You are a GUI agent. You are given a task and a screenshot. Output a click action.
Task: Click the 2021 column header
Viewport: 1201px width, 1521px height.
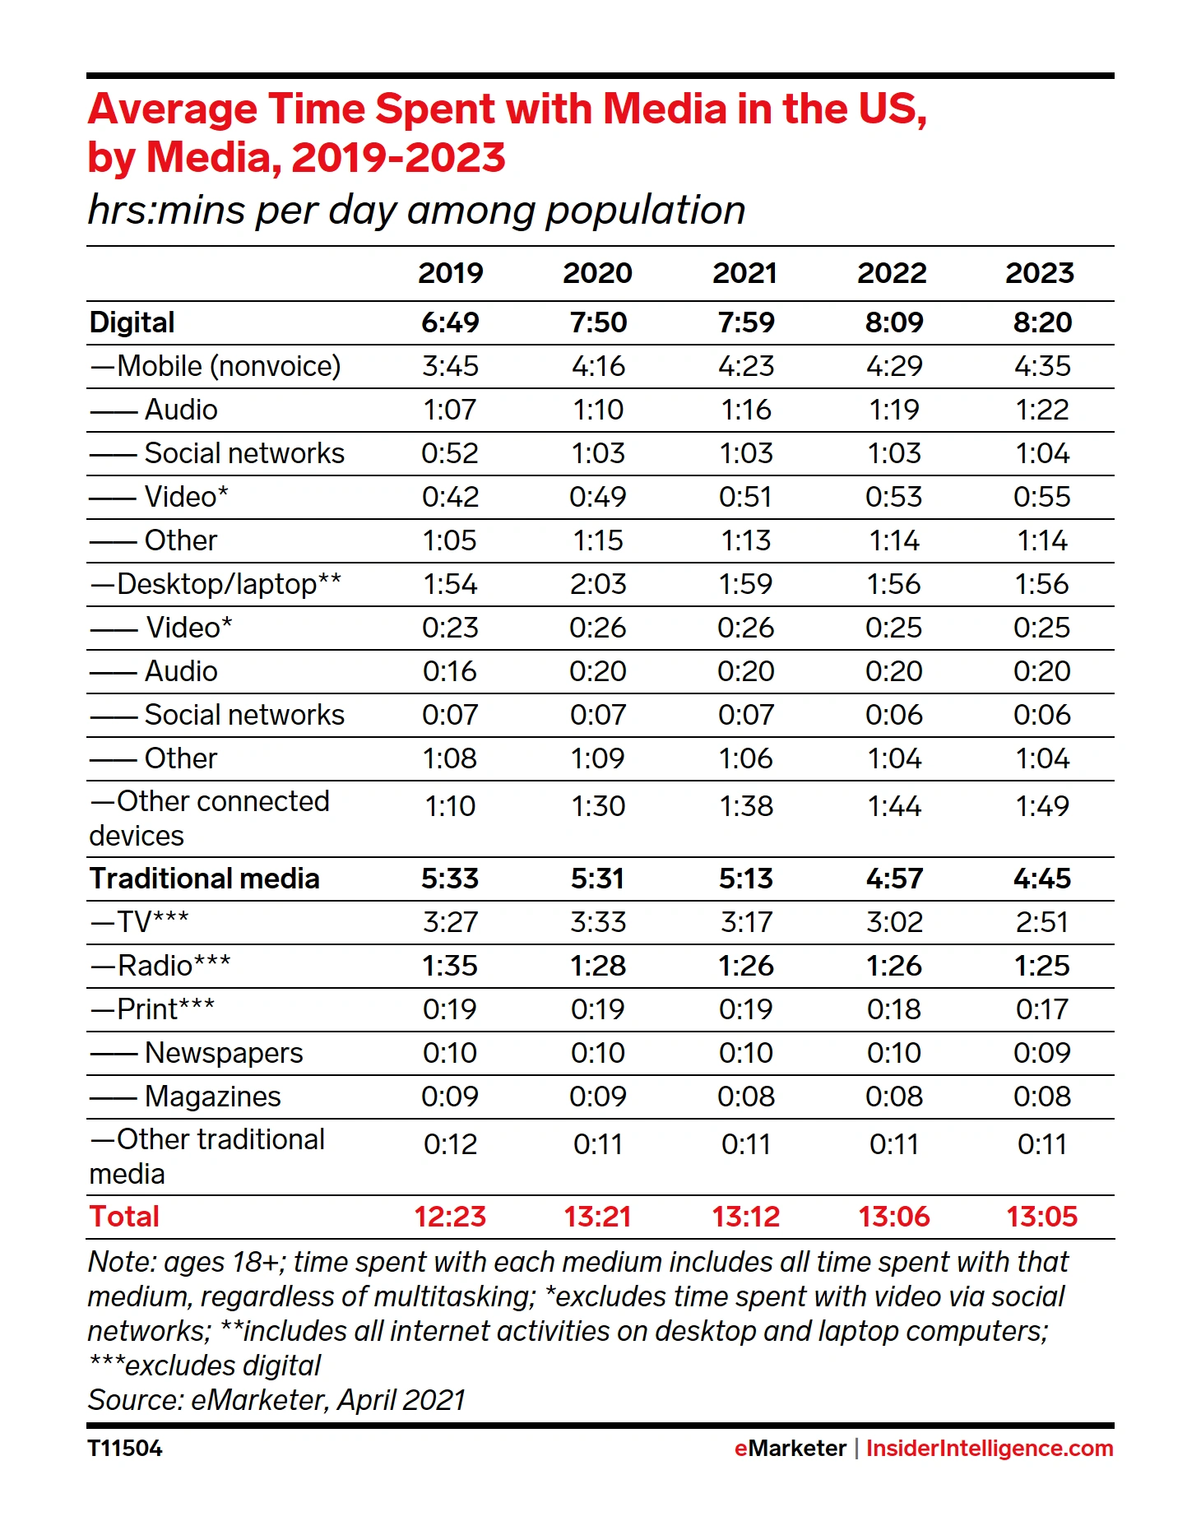click(x=744, y=273)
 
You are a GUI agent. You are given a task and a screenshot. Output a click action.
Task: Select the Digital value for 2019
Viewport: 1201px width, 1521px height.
click(x=450, y=322)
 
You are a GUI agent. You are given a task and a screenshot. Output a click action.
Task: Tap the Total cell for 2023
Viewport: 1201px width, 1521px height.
click(x=1041, y=1217)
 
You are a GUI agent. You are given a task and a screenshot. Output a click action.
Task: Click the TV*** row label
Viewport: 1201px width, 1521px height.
click(x=139, y=922)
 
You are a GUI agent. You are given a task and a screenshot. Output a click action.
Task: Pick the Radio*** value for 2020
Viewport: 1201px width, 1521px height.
click(x=598, y=966)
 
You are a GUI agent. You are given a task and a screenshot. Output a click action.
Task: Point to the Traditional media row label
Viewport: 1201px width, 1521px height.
click(x=204, y=879)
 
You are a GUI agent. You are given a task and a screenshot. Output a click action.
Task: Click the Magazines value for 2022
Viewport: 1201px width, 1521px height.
click(x=894, y=1097)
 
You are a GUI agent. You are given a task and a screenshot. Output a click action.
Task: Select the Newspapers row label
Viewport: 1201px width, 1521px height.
click(x=197, y=1053)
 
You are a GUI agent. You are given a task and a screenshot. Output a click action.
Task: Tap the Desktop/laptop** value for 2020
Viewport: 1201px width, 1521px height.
click(x=598, y=584)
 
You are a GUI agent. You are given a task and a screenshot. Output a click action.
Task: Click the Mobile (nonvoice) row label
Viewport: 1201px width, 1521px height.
click(x=216, y=366)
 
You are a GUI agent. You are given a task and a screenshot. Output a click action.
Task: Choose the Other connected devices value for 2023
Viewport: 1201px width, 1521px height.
click(x=1042, y=806)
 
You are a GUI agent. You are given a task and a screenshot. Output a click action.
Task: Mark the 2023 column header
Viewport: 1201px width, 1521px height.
click(x=1040, y=273)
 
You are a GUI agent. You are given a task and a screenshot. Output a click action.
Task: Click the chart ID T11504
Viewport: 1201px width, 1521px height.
click(x=125, y=1449)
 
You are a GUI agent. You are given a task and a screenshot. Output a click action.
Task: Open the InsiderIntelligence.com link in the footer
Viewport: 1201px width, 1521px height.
click(x=990, y=1449)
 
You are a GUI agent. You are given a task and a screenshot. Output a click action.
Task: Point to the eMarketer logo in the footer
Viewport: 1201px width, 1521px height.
click(x=791, y=1449)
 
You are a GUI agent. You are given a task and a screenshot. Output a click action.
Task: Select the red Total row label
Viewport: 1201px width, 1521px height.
click(x=124, y=1217)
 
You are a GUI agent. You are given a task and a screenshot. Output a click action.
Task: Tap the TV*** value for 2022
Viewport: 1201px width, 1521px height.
click(x=894, y=922)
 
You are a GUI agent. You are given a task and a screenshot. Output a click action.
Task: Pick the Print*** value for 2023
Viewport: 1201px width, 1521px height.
click(x=1042, y=1009)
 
